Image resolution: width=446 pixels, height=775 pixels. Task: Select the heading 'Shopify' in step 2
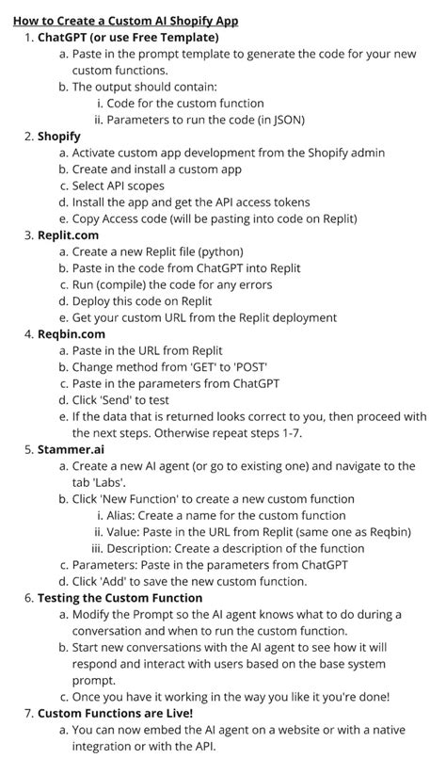[x=58, y=137]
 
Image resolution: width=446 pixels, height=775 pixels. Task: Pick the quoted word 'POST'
[x=286, y=366]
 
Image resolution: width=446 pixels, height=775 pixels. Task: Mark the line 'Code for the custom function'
[x=184, y=103]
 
